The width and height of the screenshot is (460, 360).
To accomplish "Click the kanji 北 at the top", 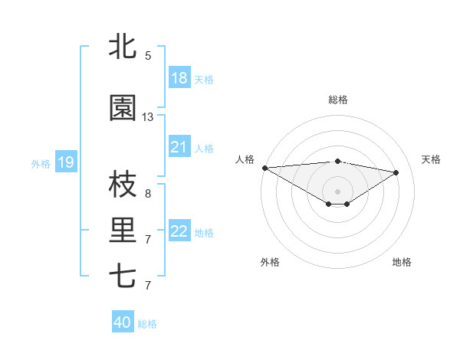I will [123, 47].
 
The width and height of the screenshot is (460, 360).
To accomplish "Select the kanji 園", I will [123, 109].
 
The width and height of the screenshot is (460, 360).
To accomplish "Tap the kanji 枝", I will [123, 185].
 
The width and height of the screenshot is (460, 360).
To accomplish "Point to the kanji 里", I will [123, 231].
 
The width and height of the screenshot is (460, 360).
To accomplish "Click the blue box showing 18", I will [179, 78].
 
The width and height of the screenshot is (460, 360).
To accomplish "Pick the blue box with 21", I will [179, 147].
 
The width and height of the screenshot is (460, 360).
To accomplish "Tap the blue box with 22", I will [179, 231].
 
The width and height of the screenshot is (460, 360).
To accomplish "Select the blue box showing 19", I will [65, 162].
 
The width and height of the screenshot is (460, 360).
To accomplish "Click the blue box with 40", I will [123, 322].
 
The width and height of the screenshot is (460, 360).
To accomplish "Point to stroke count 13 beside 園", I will [148, 117].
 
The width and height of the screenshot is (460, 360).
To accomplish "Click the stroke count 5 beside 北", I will [148, 55].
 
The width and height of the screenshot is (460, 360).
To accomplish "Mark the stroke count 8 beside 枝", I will [148, 194].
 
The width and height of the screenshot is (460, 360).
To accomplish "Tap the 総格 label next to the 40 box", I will [147, 324].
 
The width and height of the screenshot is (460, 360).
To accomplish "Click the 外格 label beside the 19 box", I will [41, 163].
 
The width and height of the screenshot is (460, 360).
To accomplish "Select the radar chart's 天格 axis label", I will [432, 159].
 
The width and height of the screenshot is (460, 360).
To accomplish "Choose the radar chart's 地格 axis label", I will [402, 262].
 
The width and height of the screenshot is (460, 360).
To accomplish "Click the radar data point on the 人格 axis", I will [264, 168].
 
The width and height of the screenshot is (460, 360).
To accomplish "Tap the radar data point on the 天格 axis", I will [396, 172].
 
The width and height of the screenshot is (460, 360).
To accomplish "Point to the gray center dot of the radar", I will [337, 191].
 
